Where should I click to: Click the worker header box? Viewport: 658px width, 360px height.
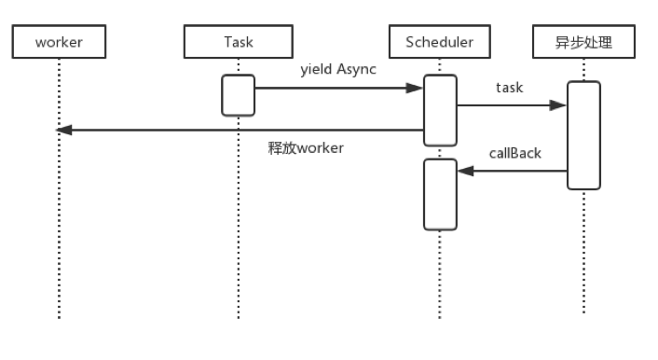coord(59,42)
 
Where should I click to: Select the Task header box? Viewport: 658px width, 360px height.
coord(239,42)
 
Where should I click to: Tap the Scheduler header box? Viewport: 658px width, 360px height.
coord(440,42)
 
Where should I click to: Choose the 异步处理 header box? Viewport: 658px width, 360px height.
coord(583,42)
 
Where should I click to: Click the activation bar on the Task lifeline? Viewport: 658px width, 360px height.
coord(238,95)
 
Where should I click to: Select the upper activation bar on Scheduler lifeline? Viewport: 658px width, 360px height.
coord(440,110)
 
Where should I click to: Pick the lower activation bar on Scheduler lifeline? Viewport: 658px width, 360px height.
coord(440,194)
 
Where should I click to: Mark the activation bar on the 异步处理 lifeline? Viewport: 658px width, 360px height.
coord(583,135)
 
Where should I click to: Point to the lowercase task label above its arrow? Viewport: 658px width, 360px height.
coord(510,88)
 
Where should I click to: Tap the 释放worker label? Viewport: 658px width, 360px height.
coord(306,149)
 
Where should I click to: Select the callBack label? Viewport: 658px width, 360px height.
coord(514,153)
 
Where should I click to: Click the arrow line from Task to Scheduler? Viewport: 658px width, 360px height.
coord(336,89)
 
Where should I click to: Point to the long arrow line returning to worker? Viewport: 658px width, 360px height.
coord(242,131)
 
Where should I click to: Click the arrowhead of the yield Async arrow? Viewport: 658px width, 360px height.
coord(417,89)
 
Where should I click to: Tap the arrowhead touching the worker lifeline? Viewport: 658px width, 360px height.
coord(65,131)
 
